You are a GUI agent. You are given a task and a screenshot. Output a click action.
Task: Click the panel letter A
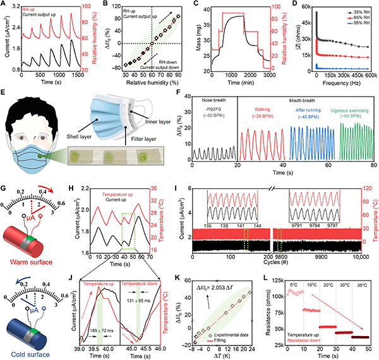point(5,4)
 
